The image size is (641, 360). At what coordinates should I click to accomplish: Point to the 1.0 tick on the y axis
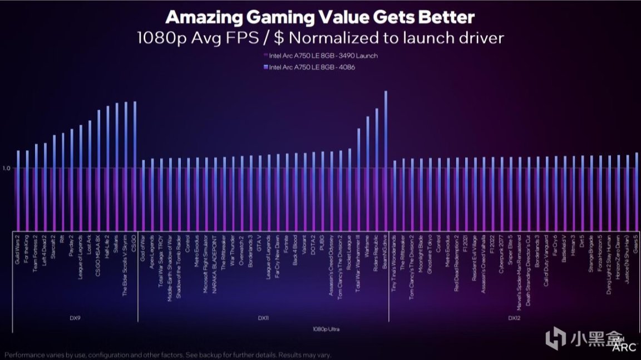click(x=7, y=167)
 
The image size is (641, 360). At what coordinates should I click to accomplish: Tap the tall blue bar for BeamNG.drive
click(x=386, y=161)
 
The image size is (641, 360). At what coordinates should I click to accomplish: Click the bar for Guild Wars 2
click(x=18, y=189)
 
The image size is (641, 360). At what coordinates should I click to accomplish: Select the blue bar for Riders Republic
click(x=377, y=167)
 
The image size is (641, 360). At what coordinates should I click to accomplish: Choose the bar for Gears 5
click(x=636, y=189)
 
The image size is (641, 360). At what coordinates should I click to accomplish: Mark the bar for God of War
click(x=143, y=195)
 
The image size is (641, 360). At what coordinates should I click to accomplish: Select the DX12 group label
click(x=514, y=318)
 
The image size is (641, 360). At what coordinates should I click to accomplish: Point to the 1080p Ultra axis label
click(x=326, y=329)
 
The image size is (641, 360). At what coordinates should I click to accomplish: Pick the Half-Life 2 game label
click(x=108, y=248)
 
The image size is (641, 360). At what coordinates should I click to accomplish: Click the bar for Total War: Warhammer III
click(x=359, y=178)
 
